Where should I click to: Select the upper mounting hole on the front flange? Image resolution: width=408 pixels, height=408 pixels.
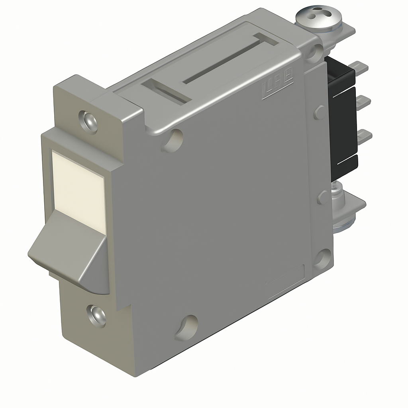coord(88,121)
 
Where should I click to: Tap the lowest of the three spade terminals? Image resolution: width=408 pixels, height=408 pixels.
coord(364,137)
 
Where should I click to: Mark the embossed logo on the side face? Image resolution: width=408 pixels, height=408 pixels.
coord(278,86)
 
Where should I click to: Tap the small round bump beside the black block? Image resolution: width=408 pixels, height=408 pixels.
coord(319,112)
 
